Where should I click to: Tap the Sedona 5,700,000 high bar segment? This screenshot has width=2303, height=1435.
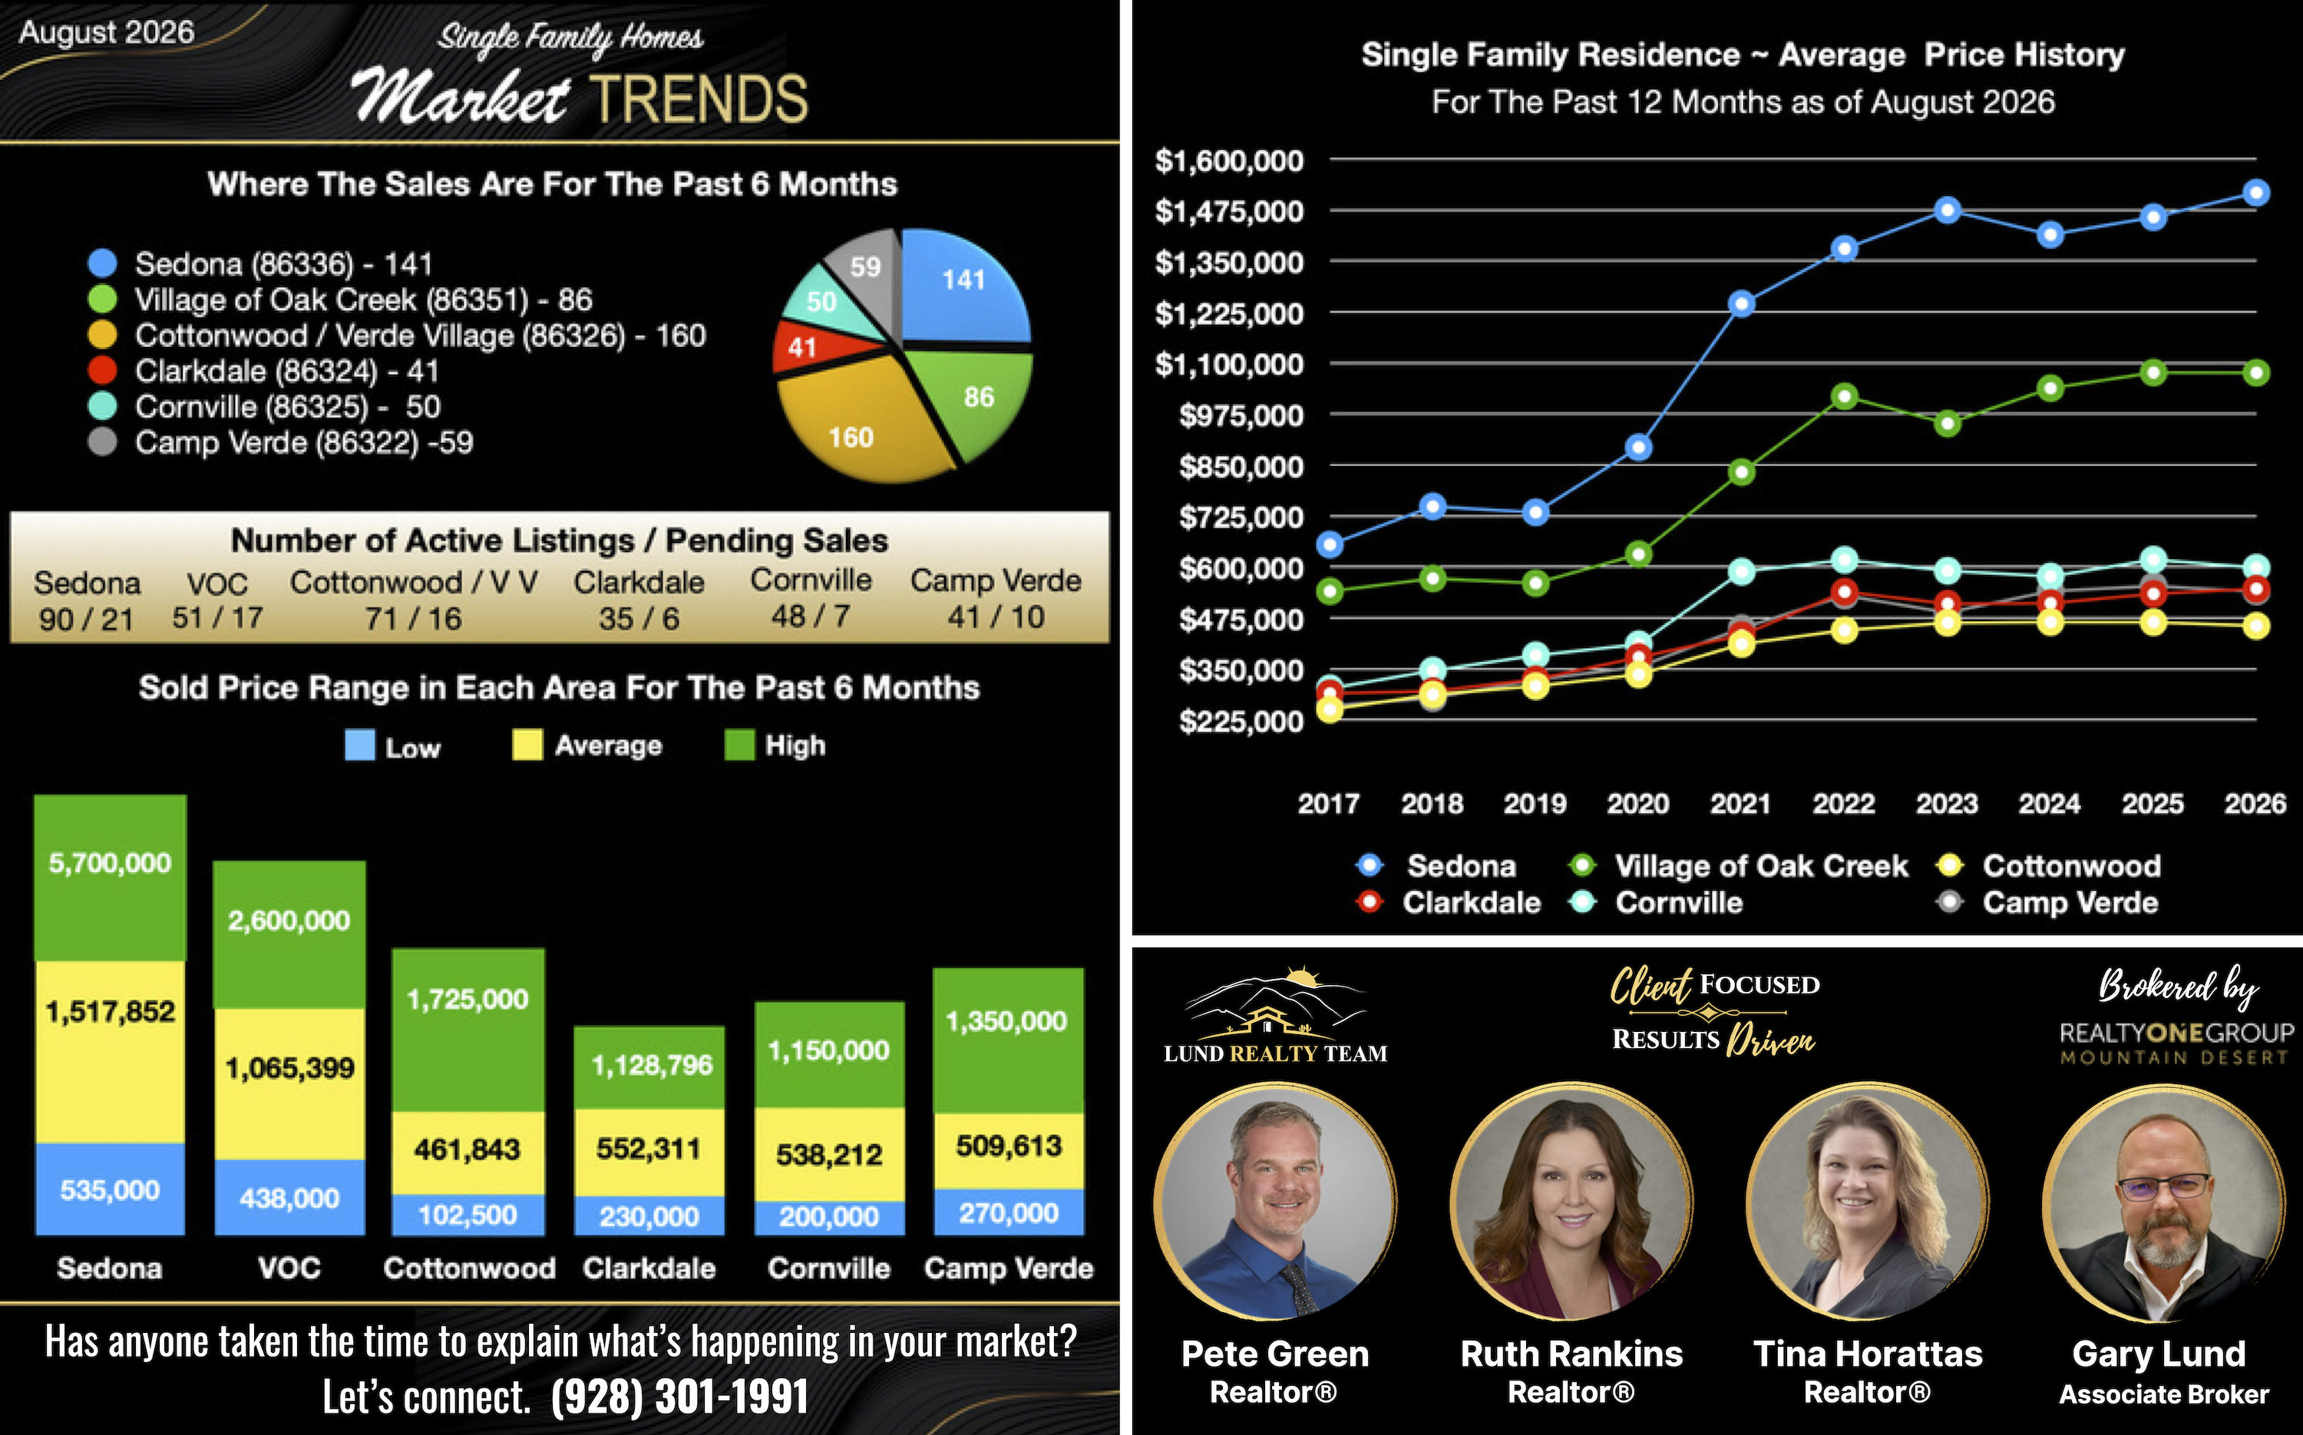pyautogui.click(x=110, y=878)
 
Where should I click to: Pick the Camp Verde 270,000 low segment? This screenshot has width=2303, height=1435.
pyautogui.click(x=1009, y=1213)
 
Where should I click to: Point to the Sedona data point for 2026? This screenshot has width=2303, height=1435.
pyautogui.click(x=2255, y=193)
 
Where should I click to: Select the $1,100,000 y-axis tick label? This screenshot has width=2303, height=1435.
pyautogui.click(x=1229, y=365)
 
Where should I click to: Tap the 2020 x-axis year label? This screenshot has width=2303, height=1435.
pyautogui.click(x=1637, y=804)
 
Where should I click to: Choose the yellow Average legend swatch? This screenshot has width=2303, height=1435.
pyautogui.click(x=527, y=745)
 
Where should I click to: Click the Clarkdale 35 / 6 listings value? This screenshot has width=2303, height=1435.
pyautogui.click(x=639, y=619)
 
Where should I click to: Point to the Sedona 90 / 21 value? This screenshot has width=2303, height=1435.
pyautogui.click(x=85, y=620)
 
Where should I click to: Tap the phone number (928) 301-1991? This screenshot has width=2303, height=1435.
pyautogui.click(x=679, y=1396)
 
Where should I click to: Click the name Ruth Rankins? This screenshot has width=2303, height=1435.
pyautogui.click(x=1571, y=1354)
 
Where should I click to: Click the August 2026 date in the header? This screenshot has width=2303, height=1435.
pyautogui.click(x=106, y=32)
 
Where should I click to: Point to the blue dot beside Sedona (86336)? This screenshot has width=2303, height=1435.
pyautogui.click(x=101, y=263)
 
